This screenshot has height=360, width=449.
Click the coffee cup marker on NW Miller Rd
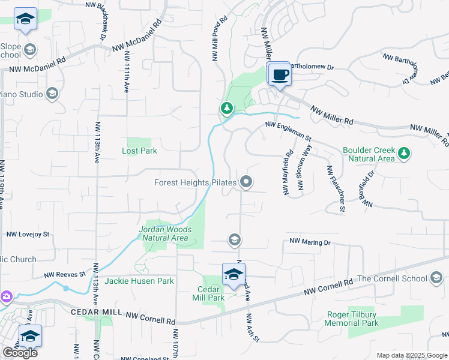[x=279, y=75]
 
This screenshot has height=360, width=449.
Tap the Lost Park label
[x=139, y=151]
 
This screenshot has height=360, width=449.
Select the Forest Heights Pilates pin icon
[x=246, y=182]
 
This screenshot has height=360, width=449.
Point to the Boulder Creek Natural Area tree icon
[x=405, y=153]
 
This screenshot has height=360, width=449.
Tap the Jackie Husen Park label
[x=139, y=281]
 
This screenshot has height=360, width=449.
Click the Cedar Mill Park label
[x=207, y=293]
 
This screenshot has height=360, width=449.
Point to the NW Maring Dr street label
[x=310, y=242]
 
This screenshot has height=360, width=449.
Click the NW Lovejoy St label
[x=28, y=235]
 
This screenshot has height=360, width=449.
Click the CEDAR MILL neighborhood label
[x=96, y=313]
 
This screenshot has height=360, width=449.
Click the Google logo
[x=20, y=353]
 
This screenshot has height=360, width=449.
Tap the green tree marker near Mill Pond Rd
[x=226, y=108]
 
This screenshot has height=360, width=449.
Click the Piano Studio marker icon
[x=52, y=94]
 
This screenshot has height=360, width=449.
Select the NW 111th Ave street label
[x=127, y=71]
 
